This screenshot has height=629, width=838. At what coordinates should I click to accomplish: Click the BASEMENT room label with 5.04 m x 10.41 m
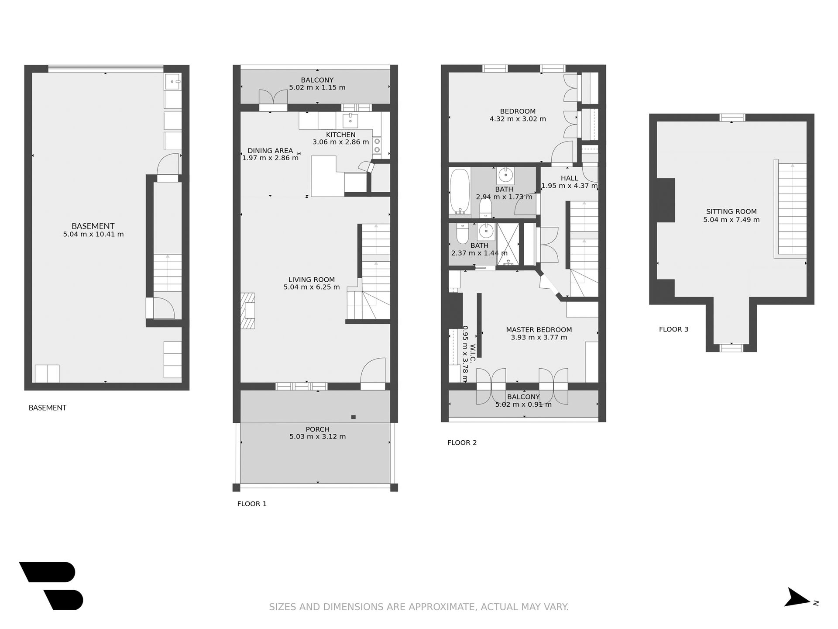pyautogui.click(x=93, y=226)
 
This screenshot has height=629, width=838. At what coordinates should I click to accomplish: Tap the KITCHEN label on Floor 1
pyautogui.click(x=341, y=135)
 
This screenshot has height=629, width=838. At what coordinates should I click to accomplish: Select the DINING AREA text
pyautogui.click(x=270, y=151)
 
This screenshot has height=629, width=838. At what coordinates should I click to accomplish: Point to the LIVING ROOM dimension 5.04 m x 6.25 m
pyautogui.click(x=312, y=287)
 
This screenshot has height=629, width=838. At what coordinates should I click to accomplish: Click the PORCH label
pyautogui.click(x=317, y=429)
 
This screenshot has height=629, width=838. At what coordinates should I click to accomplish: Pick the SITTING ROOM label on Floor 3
pyautogui.click(x=732, y=211)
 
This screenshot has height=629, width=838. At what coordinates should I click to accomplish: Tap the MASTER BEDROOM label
pyautogui.click(x=539, y=330)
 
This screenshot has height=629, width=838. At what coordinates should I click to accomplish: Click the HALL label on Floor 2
pyautogui.click(x=570, y=178)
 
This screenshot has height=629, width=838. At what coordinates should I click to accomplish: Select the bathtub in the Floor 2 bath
pyautogui.click(x=460, y=191)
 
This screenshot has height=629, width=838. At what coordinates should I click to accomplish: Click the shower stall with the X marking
pyautogui.click(x=508, y=244)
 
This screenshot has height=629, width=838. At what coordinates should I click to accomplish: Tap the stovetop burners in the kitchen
pyautogui.click(x=377, y=146)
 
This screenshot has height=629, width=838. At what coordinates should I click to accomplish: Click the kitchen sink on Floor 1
pyautogui.click(x=350, y=119)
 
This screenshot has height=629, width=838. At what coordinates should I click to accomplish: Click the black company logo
pyautogui.click(x=52, y=586)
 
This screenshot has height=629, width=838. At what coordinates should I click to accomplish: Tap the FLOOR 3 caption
pyautogui.click(x=673, y=329)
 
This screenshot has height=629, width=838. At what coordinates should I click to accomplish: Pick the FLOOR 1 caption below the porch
pyautogui.click(x=252, y=504)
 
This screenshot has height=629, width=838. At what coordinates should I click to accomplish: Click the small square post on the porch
pyautogui.click(x=354, y=417)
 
